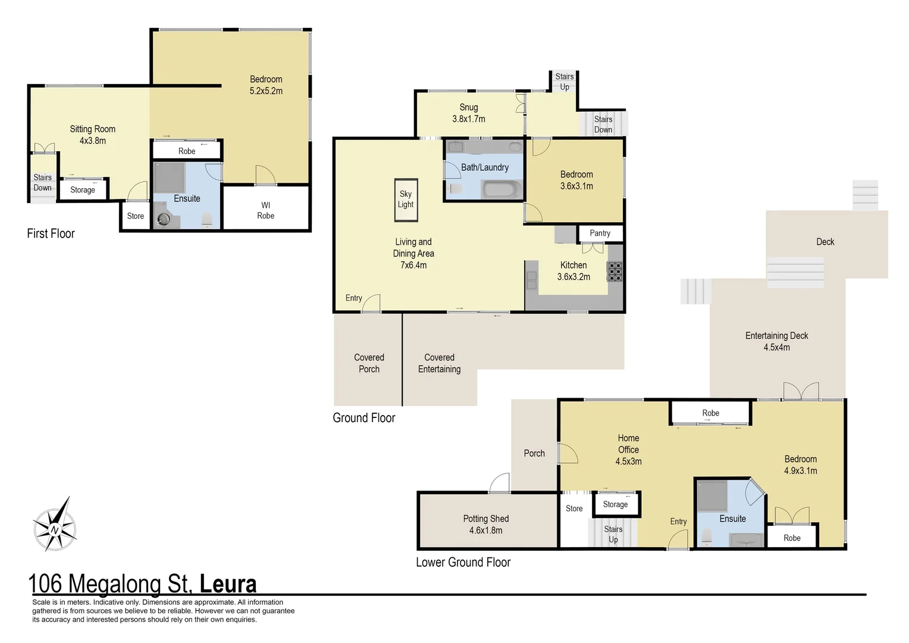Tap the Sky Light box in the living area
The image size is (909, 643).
406,199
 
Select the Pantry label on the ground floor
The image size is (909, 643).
600,233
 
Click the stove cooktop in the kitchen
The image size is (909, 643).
615,271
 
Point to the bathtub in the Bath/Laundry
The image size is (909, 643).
502,190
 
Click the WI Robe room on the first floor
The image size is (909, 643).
266,210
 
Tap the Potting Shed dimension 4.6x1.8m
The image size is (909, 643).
485,530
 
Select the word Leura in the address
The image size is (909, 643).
228,584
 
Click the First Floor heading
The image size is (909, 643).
51,233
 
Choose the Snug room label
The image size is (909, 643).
468,107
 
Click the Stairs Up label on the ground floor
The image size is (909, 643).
564,82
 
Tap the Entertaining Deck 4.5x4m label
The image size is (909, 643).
776,341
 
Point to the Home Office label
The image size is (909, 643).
628,444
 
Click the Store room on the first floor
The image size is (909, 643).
135,216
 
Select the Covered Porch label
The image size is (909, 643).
369,363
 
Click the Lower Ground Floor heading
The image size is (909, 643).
463,562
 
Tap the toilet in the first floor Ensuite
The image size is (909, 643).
207,220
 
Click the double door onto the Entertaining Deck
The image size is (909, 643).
801,391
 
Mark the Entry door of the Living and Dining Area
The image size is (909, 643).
371,303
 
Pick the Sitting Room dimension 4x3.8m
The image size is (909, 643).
93,141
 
